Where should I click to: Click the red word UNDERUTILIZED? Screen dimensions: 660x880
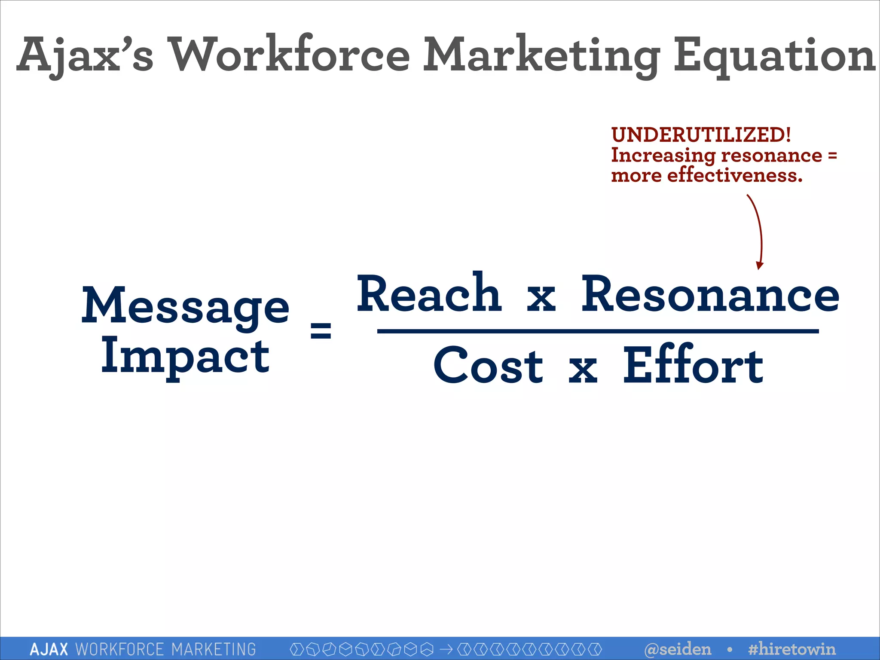(701, 135)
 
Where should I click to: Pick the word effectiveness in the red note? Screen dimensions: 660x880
(734, 175)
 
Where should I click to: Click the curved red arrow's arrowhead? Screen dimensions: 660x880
(760, 265)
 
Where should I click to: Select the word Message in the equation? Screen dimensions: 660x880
(185, 306)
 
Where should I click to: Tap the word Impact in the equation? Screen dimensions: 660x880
(185, 357)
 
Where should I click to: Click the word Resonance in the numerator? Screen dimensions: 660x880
(710, 295)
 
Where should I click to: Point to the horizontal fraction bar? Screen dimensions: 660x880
(598, 331)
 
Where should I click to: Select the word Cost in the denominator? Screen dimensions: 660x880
(489, 366)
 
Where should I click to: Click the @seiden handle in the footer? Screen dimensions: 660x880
(678, 649)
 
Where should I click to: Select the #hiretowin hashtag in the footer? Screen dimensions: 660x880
(792, 649)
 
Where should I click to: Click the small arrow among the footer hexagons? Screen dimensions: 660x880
(446, 649)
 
